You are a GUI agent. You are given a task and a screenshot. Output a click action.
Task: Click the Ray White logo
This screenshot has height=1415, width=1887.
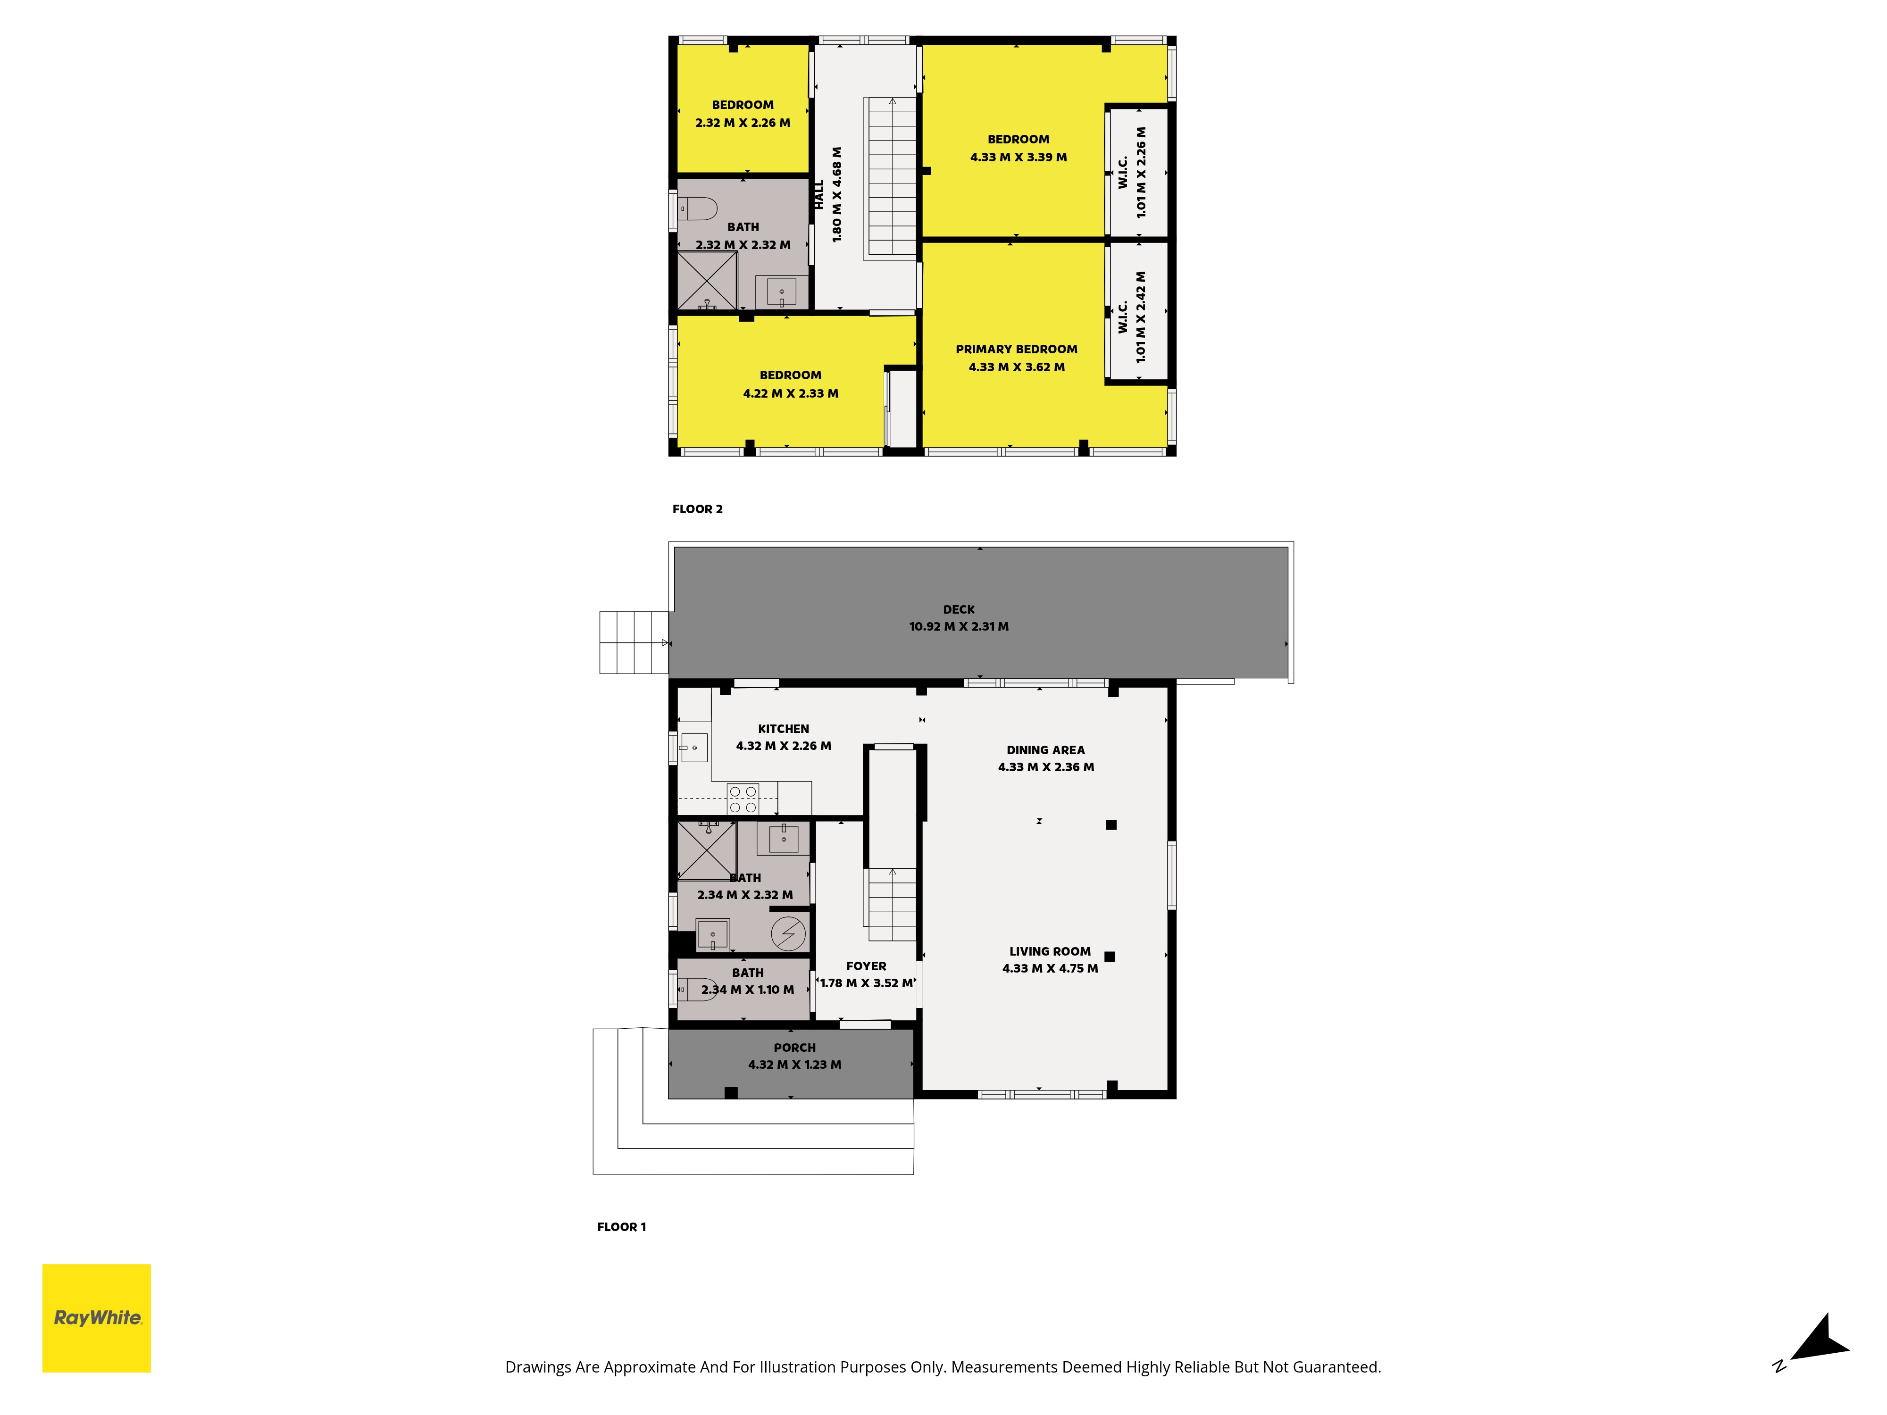96,1318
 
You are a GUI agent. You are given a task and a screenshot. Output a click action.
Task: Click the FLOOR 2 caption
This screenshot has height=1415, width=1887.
697,509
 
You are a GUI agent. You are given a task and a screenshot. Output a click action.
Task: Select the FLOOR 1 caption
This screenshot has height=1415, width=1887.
621,1226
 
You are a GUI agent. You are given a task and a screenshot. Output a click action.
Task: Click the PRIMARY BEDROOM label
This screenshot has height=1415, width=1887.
1016,349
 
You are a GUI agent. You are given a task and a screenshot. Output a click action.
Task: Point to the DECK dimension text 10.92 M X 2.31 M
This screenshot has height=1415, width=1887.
959,626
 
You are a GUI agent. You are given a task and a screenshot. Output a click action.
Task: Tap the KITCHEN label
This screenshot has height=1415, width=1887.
783,728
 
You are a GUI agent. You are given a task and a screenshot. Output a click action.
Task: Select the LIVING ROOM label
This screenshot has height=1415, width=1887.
1050,951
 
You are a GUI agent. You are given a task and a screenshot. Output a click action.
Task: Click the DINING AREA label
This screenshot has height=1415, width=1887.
1046,750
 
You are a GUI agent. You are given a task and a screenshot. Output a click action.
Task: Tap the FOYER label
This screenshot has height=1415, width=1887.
866,966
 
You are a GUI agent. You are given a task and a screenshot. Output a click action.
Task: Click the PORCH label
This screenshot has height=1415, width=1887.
794,1048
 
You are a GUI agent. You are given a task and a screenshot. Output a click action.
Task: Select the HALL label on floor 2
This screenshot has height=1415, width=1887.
819,194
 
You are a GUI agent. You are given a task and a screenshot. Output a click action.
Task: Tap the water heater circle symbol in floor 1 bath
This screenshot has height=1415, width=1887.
788,933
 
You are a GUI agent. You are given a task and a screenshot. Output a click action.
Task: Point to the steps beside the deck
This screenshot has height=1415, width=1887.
634,642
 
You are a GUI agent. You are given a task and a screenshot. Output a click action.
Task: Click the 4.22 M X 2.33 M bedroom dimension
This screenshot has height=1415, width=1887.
790,393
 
